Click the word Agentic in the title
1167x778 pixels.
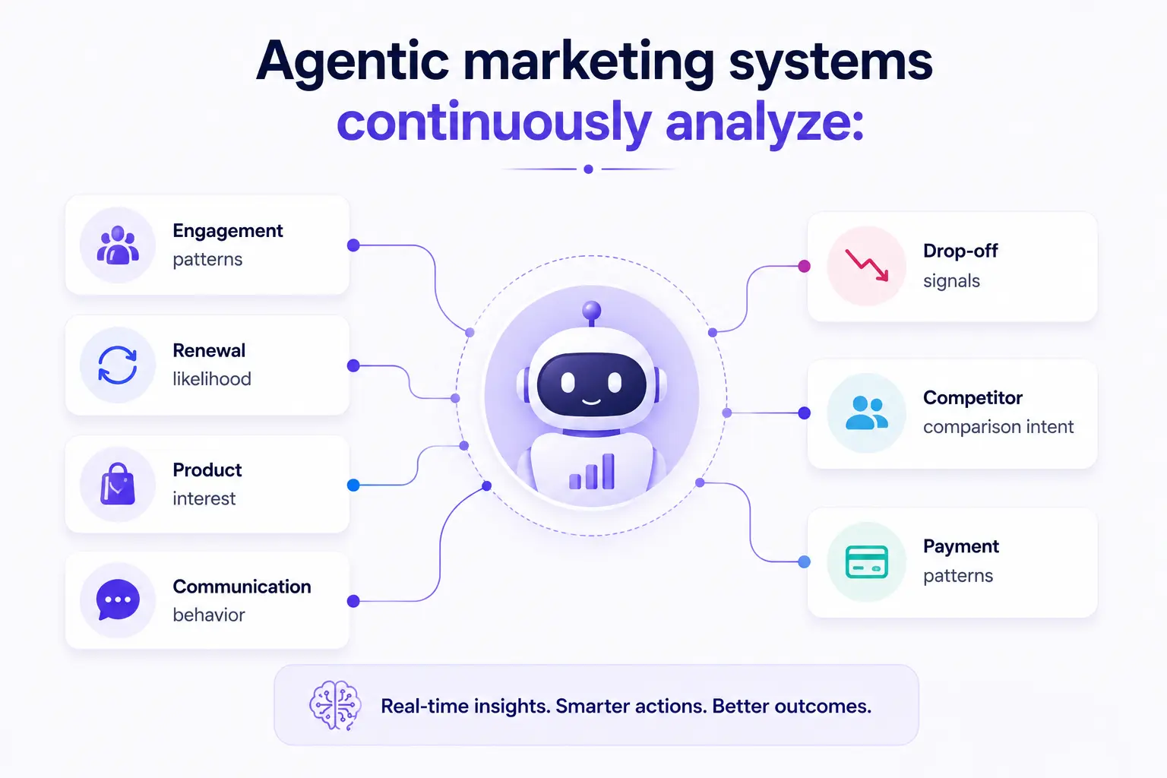pos(353,62)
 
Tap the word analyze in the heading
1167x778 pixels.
pos(765,124)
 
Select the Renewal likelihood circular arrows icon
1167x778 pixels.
pos(118,365)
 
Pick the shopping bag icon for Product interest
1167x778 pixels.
pos(118,484)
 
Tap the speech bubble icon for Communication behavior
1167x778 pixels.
pos(118,599)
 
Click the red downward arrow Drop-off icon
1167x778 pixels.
pos(867,265)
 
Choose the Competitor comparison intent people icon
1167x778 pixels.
pos(867,413)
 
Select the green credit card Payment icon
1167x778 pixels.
pos(867,561)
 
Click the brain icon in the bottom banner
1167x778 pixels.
pos(335,706)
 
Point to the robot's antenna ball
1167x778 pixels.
pos(591,311)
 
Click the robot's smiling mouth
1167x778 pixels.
pos(591,401)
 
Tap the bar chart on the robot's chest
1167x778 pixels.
pos(592,472)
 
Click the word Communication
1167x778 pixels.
pos(242,587)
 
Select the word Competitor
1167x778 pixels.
pos(972,398)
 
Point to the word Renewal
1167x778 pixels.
pos(209,351)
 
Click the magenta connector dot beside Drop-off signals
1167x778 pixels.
pos(805,266)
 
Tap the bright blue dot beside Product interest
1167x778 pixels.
pos(353,485)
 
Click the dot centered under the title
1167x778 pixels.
pos(588,169)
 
